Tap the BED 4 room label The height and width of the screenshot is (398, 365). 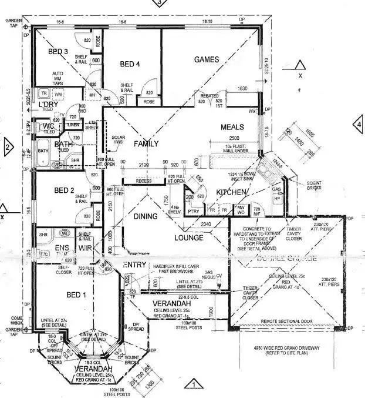pyautogui.click(x=131, y=63)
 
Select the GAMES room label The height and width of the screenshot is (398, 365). pyautogui.click(x=207, y=59)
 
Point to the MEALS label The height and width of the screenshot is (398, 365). pyautogui.click(x=232, y=127)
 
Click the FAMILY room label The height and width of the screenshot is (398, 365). pyautogui.click(x=146, y=143)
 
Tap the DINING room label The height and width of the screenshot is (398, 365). pyautogui.click(x=145, y=216)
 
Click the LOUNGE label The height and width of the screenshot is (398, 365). pyautogui.click(x=188, y=238)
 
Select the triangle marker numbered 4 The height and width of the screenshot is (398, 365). pyautogui.click(x=357, y=124)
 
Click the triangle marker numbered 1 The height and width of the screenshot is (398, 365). pyautogui.click(x=191, y=385)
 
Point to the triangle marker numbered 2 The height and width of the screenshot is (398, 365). pyautogui.click(x=8, y=146)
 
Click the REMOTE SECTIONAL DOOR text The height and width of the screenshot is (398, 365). pyautogui.click(x=283, y=322)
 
